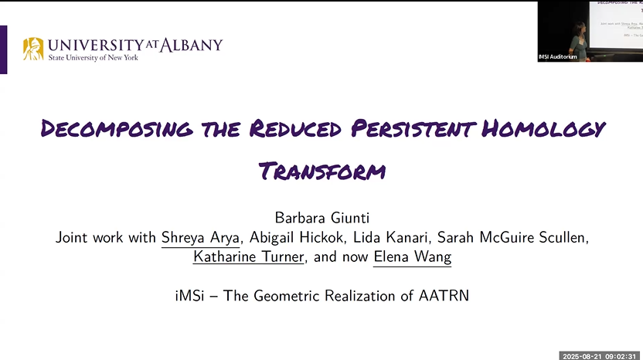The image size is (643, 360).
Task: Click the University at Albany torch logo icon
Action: [33, 49]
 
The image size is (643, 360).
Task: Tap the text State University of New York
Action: [93, 58]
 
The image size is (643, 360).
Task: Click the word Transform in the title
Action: [321, 170]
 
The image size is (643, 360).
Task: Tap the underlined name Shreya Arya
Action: [200, 238]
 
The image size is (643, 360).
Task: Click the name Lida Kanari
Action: [390, 238]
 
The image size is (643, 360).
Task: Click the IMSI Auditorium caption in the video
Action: [558, 57]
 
